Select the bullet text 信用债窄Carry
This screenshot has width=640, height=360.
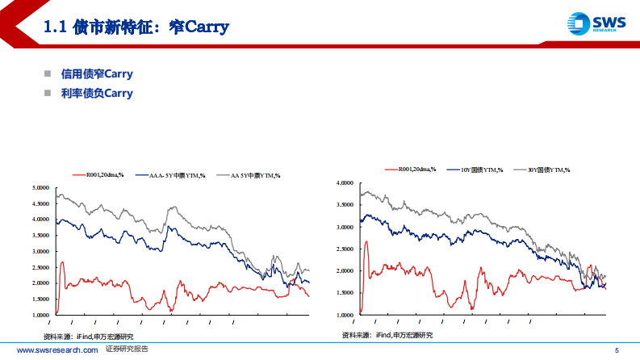97,74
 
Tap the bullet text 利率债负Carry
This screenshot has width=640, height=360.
97,93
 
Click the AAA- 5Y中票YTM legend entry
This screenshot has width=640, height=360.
177,174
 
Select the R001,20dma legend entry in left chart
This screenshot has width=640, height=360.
98,174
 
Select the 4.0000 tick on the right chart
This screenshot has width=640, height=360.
345,183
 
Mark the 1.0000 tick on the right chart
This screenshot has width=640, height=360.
345,315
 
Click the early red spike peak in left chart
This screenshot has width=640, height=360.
62,262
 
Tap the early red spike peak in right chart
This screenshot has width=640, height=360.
366,241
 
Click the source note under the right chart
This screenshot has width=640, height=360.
387,335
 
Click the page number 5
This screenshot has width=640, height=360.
617,350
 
